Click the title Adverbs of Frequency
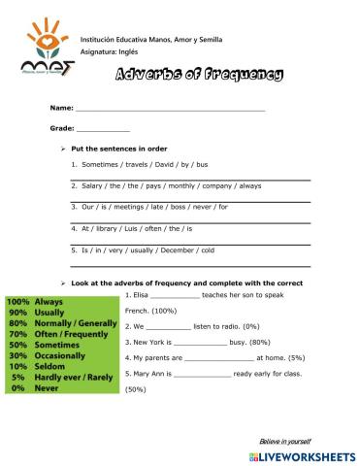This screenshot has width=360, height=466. click(199, 75)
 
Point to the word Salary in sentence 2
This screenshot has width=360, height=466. click(93, 185)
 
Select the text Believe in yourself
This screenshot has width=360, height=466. click(288, 441)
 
